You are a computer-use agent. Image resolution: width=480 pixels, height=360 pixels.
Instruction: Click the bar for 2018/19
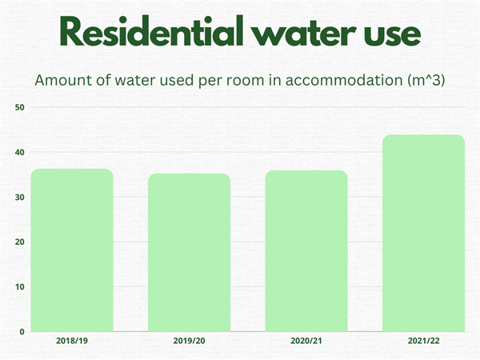(x=72, y=250)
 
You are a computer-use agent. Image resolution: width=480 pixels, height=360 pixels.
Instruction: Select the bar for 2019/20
(x=189, y=252)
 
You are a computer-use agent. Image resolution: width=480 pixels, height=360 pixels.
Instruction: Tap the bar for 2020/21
(x=306, y=250)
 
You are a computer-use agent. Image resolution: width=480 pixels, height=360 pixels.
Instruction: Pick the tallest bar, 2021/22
(x=423, y=233)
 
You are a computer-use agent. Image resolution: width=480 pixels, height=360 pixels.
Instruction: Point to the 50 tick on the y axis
(x=21, y=107)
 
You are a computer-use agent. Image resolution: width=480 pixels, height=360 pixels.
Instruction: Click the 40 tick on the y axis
(x=21, y=152)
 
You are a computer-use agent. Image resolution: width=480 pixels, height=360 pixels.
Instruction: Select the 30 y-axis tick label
(x=21, y=197)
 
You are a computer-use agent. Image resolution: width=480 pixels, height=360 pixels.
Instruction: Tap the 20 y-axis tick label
(x=21, y=242)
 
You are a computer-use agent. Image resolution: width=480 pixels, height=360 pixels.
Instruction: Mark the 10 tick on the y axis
(x=21, y=286)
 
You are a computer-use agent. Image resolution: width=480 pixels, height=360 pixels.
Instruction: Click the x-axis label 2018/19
(x=72, y=341)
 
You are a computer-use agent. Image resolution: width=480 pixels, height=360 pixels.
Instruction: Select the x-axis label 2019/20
(x=189, y=341)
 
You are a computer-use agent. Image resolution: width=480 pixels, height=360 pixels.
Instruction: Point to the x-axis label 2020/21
(x=306, y=341)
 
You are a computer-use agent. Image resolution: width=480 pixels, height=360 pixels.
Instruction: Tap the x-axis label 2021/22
(x=423, y=341)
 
